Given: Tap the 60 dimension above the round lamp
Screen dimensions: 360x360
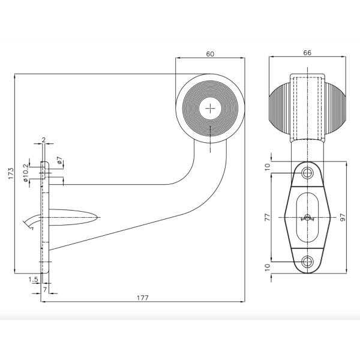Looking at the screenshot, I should coord(210,53).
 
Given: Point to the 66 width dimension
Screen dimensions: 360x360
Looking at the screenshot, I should coord(307,53).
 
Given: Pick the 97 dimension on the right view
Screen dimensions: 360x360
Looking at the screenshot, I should coord(343,217).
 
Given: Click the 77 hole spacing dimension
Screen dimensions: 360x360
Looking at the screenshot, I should coord(268,217).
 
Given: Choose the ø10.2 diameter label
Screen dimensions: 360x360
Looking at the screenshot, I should coord(25,173).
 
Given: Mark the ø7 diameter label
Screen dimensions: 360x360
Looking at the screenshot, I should coord(59,160).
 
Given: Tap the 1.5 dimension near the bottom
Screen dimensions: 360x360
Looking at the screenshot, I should coord(34,280).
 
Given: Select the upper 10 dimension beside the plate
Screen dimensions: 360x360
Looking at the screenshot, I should coord(268,166).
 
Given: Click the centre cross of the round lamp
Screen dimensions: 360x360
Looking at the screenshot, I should coord(210,109).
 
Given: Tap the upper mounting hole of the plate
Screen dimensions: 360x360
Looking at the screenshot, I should coord(308,173).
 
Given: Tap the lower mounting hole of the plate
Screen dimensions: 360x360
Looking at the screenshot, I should coord(308,260).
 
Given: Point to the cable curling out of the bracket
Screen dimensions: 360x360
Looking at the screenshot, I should coord(30,223).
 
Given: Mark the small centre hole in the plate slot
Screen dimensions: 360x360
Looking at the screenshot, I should coord(308,217).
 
